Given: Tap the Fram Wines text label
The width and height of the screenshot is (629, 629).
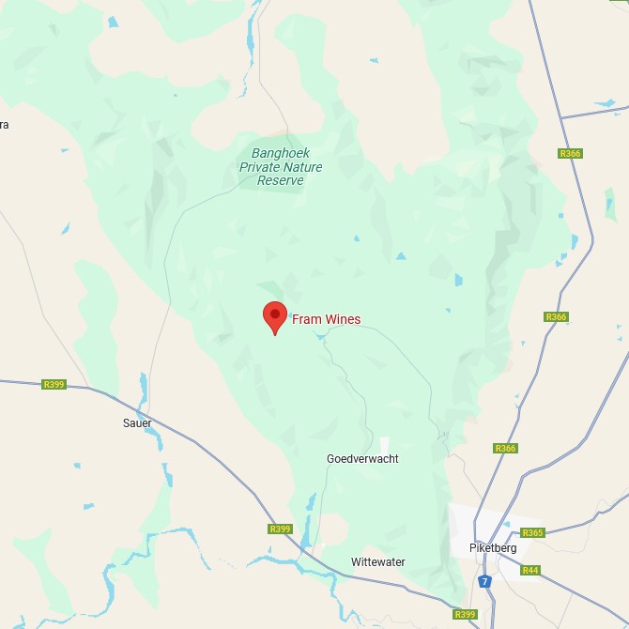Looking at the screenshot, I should tap(326, 320).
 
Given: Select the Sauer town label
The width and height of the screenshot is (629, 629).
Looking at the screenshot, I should tap(137, 423).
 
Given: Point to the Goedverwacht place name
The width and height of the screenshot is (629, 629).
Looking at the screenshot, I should tap(362, 459).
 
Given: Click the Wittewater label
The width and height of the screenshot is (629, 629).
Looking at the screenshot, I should tap(378, 562).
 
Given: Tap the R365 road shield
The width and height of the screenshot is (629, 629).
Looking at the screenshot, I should tap(532, 533).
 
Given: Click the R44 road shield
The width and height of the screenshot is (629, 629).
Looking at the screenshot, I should tap(530, 570).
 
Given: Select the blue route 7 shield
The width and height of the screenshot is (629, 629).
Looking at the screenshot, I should tap(484, 582).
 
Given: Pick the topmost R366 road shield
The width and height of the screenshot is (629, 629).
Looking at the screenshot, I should tap(569, 153).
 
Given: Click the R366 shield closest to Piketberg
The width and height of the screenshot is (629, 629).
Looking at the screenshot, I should tap(505, 449).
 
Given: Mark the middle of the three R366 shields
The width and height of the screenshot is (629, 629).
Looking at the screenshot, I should tap(556, 317).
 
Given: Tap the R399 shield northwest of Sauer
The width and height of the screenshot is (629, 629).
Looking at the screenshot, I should tap(54, 384).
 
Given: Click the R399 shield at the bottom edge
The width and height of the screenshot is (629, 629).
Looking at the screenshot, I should tap(465, 614).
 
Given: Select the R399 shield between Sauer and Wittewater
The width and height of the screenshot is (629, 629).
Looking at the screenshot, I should tap(280, 529).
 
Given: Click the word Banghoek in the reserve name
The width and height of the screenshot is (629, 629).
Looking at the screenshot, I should tap(281, 153).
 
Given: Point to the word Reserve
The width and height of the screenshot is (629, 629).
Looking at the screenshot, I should tap(281, 180).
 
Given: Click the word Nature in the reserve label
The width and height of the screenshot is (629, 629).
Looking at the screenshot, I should tap(302, 167).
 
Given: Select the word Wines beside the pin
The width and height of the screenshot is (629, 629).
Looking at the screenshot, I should tap(343, 320).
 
